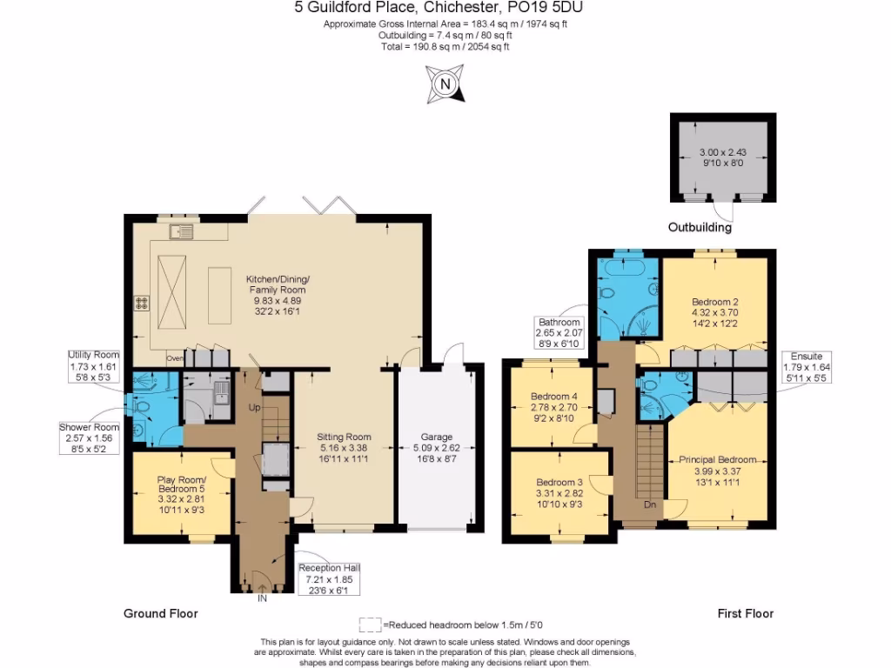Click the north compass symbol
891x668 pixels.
pyautogui.click(x=445, y=84)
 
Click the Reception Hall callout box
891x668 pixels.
pyautogui.click(x=329, y=580)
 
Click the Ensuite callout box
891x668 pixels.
pyautogui.click(x=807, y=368)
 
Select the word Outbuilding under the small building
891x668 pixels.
pyautogui.click(x=700, y=229)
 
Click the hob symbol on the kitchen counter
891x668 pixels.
pyautogui.click(x=141, y=303)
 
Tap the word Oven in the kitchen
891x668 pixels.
pyautogui.click(x=175, y=357)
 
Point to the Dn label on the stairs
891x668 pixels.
pyautogui.click(x=649, y=504)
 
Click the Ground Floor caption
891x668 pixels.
pyautogui.click(x=160, y=613)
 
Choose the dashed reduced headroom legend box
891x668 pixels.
pyautogui.click(x=370, y=625)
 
